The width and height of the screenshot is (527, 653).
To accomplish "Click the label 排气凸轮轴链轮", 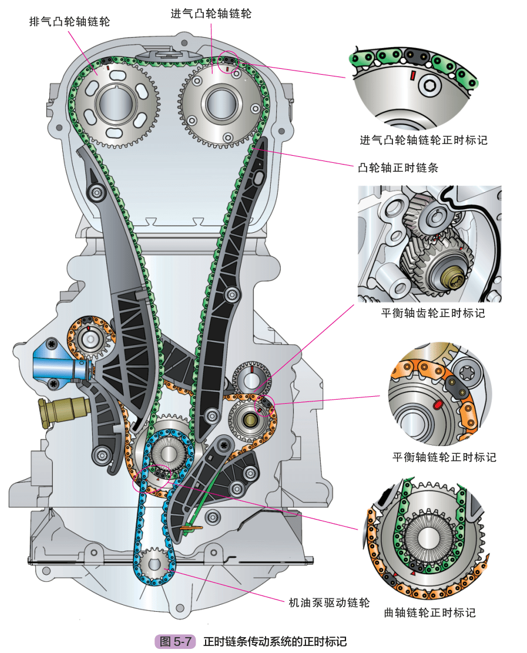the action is point(69,22).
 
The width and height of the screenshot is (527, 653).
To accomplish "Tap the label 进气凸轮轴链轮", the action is point(211,14).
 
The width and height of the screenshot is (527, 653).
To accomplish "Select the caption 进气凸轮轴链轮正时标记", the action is point(424,140).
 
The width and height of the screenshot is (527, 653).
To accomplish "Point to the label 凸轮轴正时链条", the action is point(398,168).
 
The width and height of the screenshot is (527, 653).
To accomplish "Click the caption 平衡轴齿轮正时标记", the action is point(433,313).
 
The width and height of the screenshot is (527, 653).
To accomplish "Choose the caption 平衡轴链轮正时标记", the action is point(444,457).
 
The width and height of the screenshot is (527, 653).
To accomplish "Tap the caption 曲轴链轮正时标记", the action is point(429,612).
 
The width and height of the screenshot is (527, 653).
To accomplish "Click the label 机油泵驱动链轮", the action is point(329,602).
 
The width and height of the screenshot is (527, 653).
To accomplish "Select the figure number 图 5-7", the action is point(175,641).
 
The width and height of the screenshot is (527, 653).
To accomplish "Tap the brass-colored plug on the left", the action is point(62,411).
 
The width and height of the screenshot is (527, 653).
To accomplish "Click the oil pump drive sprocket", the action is point(155,565).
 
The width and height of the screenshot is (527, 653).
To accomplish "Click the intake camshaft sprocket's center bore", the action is point(221,103).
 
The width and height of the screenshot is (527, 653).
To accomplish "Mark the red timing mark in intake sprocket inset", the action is point(412,75).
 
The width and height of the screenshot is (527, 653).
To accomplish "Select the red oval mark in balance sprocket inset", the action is point(438,404).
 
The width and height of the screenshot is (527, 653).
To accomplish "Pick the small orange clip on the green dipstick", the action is point(191,528).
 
